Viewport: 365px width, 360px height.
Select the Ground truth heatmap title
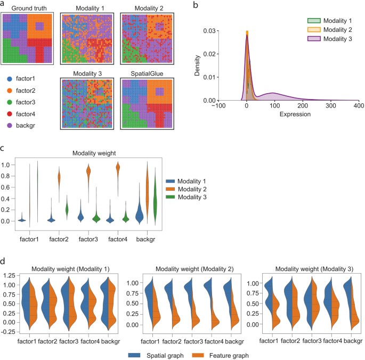(26, 8)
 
